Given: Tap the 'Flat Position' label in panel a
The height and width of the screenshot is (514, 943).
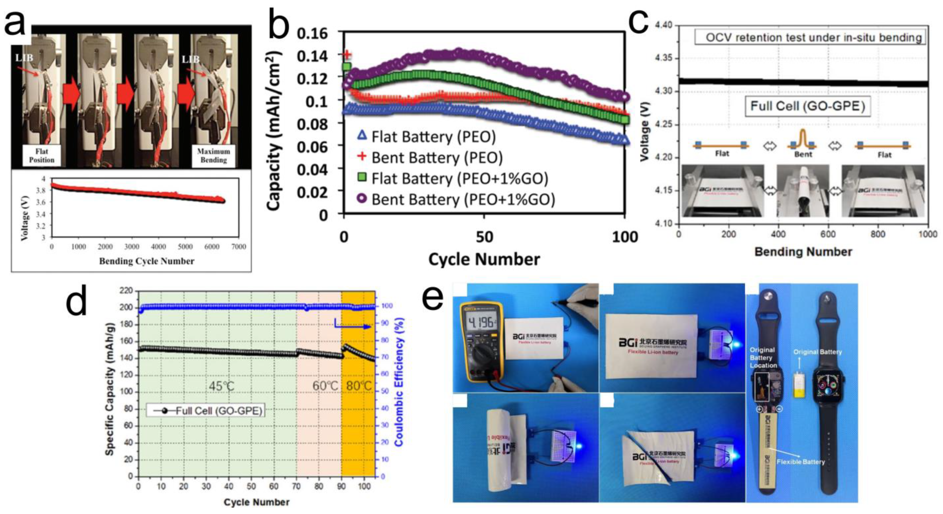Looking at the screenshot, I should pyautogui.click(x=41, y=155).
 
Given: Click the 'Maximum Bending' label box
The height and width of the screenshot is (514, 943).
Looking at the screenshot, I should pyautogui.click(x=213, y=155).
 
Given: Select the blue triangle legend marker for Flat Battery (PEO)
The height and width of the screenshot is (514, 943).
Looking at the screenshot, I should pyautogui.click(x=362, y=136).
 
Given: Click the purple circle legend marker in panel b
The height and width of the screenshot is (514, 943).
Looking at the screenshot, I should pyautogui.click(x=362, y=199).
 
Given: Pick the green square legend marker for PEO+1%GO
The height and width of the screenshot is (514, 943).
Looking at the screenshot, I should pyautogui.click(x=362, y=178).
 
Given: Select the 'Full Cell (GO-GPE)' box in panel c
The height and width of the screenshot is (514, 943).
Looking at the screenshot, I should pyautogui.click(x=808, y=106).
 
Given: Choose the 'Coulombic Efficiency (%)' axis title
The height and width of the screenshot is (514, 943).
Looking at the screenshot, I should pyautogui.click(x=399, y=382).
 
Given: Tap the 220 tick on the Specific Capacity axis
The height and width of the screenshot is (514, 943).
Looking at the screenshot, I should pyautogui.click(x=126, y=291).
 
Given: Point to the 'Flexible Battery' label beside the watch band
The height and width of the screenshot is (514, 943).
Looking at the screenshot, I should pyautogui.click(x=801, y=462).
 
